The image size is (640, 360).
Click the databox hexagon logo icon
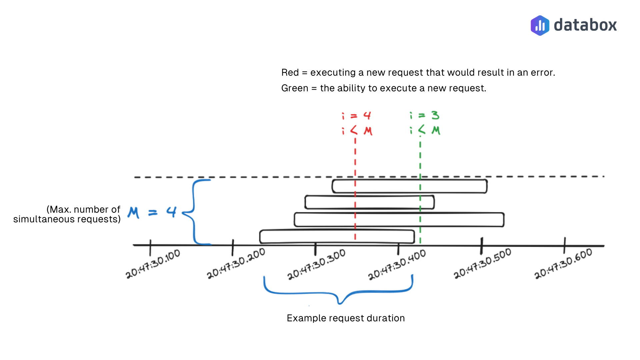point(540,25)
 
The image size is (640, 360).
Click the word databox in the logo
point(585,25)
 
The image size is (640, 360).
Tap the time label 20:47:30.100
point(153,264)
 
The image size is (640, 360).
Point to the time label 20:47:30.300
point(316,264)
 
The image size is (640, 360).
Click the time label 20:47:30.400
point(397,265)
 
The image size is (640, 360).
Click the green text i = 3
point(425,115)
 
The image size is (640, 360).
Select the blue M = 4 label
point(152,212)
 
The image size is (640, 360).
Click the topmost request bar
point(409,186)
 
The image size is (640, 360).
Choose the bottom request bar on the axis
point(337,237)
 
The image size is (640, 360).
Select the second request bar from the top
point(369,202)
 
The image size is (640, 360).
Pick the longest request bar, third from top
point(399,220)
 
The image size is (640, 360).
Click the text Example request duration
point(346,318)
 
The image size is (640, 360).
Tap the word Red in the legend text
point(290,72)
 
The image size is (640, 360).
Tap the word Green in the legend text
point(294,88)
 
